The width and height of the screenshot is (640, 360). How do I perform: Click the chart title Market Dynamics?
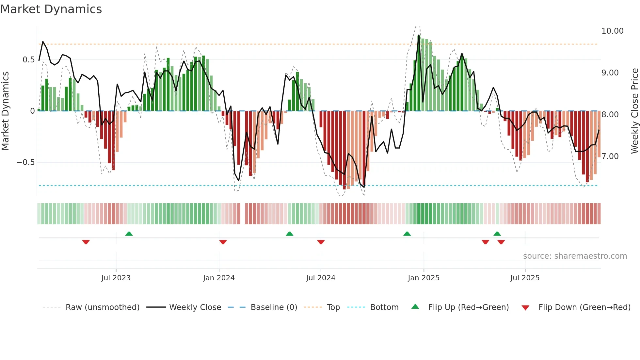pyautogui.click(x=51, y=9)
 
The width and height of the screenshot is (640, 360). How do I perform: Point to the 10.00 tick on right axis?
pyautogui.click(x=612, y=31)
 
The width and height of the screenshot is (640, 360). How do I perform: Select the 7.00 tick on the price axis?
pyautogui.click(x=610, y=156)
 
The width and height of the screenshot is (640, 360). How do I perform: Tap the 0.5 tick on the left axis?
pyautogui.click(x=28, y=60)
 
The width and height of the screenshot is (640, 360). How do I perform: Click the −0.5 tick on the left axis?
pyautogui.click(x=25, y=162)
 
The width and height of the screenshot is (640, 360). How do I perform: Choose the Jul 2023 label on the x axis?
pyautogui.click(x=116, y=278)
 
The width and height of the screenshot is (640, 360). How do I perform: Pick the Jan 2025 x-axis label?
pyautogui.click(x=424, y=278)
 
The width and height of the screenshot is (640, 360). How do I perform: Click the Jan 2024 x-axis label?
pyautogui.click(x=219, y=278)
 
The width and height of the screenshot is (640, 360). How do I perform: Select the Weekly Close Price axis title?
pyautogui.click(x=634, y=111)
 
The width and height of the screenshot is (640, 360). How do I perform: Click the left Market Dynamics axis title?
pyautogui.click(x=5, y=111)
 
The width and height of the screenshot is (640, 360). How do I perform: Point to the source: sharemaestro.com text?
pyautogui.click(x=575, y=256)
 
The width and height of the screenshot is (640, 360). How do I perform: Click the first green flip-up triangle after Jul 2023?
pyautogui.click(x=129, y=234)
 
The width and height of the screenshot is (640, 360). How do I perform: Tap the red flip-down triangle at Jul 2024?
pyautogui.click(x=321, y=242)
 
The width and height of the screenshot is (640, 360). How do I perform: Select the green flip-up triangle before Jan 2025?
pyautogui.click(x=407, y=234)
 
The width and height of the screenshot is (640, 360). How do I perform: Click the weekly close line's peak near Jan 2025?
pyautogui.click(x=419, y=35)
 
